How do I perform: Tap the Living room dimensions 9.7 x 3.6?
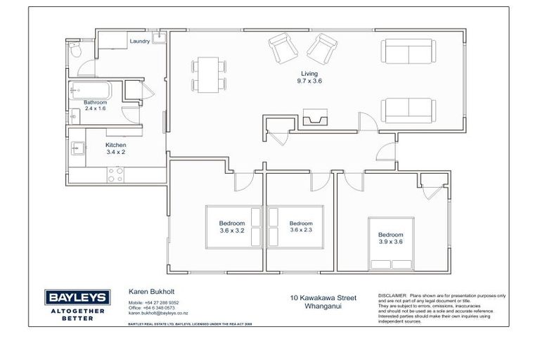pos(309,81)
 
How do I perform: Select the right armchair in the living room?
pos(322,47)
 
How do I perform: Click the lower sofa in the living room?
pos(409,110)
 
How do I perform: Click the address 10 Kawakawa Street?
pos(323,298)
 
